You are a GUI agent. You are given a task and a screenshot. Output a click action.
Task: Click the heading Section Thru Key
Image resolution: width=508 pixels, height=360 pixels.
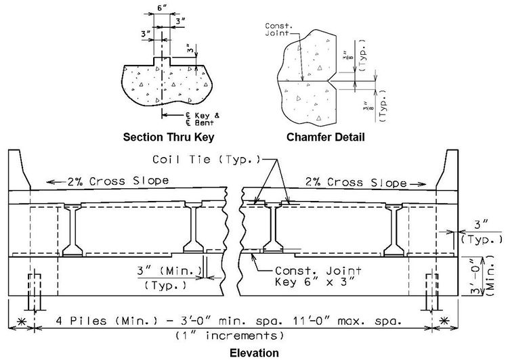(169, 137)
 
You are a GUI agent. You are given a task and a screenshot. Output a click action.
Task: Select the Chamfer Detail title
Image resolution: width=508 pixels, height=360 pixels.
(326, 137)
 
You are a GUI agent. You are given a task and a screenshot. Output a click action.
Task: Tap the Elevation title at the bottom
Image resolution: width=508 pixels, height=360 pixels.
(254, 353)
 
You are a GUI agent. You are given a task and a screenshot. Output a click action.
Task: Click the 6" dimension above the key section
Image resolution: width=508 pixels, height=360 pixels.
(162, 8)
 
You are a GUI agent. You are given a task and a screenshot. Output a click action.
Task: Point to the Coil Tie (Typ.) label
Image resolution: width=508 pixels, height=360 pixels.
(207, 159)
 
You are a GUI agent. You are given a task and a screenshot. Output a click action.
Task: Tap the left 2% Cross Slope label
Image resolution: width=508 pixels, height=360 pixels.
(118, 181)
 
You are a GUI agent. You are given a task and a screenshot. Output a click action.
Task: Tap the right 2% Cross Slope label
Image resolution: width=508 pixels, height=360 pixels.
(356, 182)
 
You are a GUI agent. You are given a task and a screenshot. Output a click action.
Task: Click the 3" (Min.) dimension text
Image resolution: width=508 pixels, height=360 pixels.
(169, 271)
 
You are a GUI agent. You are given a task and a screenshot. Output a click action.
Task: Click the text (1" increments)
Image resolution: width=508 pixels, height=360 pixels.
(230, 336)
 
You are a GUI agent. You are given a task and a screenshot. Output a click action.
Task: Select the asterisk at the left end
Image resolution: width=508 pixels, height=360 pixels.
(22, 321)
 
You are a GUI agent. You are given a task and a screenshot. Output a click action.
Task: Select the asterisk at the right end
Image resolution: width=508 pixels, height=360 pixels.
(444, 321)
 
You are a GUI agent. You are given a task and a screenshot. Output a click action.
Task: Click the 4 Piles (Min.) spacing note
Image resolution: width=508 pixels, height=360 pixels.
(229, 321)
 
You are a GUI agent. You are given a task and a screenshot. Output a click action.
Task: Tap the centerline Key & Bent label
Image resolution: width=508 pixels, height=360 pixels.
(203, 119)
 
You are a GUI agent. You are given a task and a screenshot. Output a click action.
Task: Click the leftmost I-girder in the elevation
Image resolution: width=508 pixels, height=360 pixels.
(72, 230)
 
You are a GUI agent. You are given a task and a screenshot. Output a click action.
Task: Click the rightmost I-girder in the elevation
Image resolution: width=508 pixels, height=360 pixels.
(394, 230)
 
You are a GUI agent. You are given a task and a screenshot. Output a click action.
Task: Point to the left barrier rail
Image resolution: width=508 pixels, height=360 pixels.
(19, 171)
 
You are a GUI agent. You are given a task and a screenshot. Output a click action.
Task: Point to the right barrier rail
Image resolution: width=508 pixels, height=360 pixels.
(448, 171)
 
